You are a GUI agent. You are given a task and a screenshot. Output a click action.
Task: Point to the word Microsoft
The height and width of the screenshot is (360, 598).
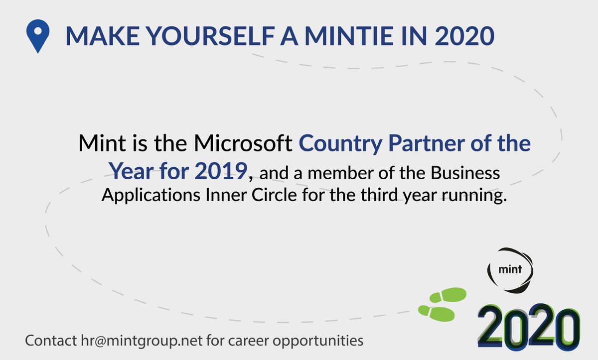(243, 144)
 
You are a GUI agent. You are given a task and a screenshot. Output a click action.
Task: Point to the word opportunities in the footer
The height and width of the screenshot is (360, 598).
(319, 342)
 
